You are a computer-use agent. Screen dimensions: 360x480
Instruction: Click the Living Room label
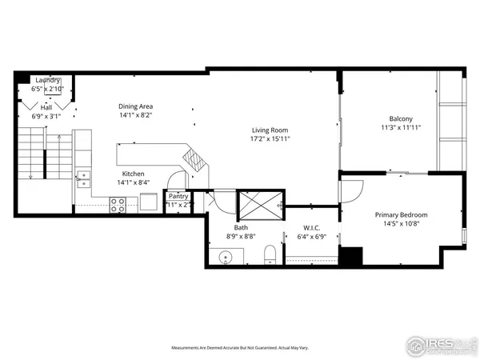click(x=270, y=130)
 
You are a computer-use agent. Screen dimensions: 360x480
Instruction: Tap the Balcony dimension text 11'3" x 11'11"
click(x=401, y=127)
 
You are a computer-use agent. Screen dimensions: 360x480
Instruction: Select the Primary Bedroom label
click(x=402, y=214)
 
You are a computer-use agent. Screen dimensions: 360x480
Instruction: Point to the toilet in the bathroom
click(x=270, y=255)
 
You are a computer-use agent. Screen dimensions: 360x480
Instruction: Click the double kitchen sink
click(x=83, y=176)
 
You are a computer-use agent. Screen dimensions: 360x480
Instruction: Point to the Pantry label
click(x=178, y=196)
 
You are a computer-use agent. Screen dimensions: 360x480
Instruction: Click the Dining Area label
click(x=135, y=106)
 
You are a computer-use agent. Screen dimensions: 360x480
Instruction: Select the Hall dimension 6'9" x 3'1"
click(x=46, y=116)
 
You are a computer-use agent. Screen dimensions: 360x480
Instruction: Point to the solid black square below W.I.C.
click(x=350, y=256)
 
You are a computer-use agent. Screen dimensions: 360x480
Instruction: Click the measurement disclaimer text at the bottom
click(x=239, y=348)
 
